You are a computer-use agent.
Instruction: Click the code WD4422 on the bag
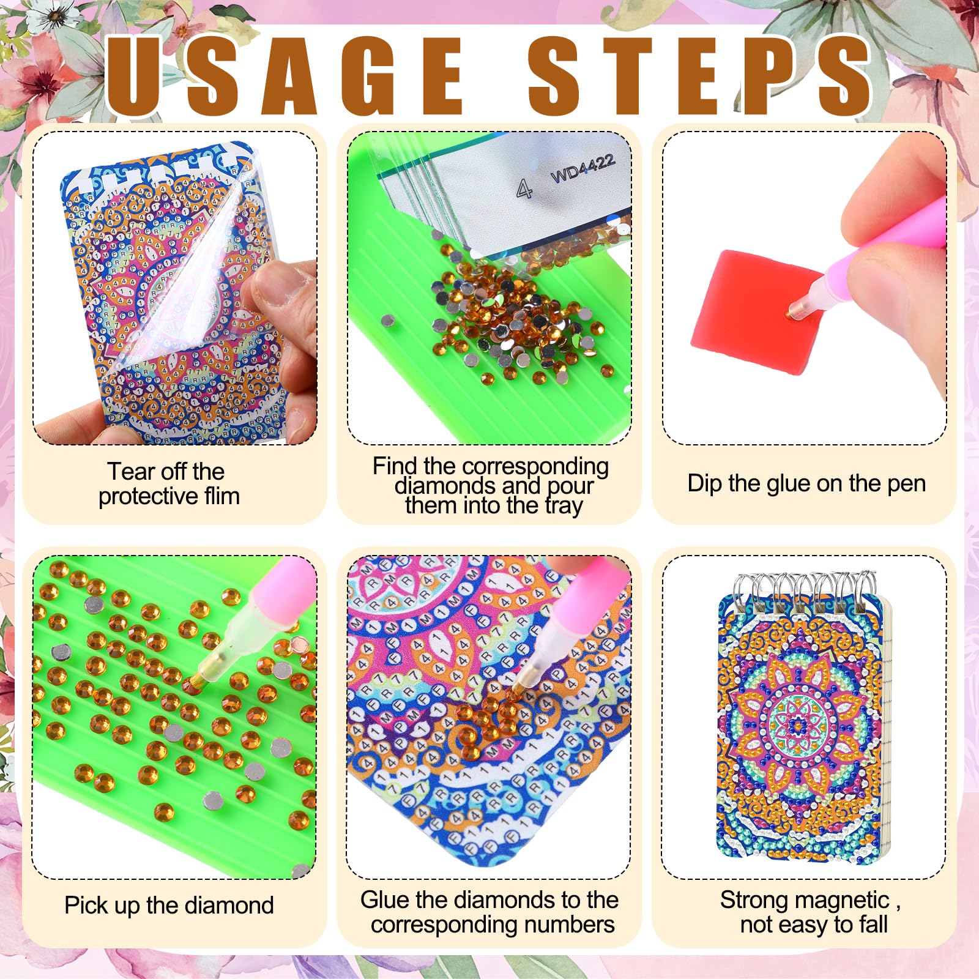point(582,168)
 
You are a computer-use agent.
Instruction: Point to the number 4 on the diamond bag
point(524,189)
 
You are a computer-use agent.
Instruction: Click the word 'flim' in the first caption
point(222,496)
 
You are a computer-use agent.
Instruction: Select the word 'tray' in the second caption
point(564,506)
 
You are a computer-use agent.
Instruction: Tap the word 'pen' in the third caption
point(906,484)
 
